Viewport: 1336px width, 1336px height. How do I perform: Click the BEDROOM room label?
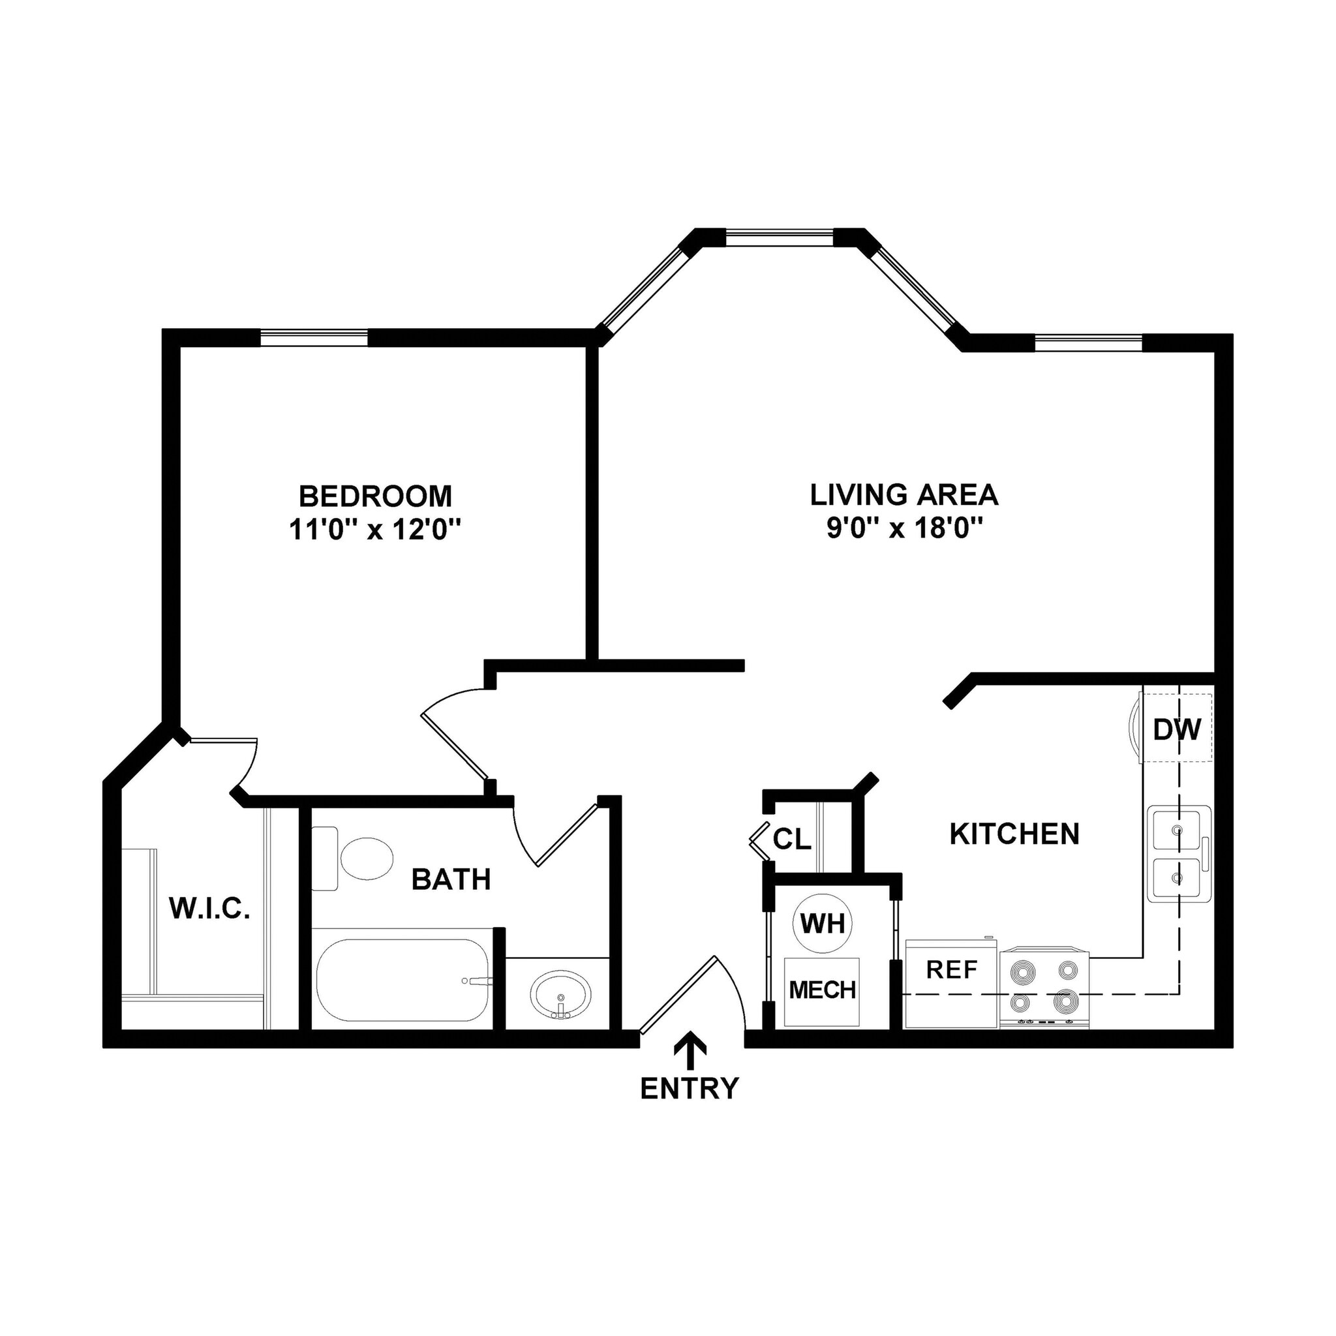(x=376, y=496)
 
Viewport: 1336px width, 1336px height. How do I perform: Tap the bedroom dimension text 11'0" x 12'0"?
(x=376, y=530)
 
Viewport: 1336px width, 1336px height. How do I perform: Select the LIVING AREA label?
(x=903, y=494)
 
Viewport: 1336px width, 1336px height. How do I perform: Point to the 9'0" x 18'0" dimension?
(x=903, y=529)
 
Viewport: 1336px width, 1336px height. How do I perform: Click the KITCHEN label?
(x=1014, y=834)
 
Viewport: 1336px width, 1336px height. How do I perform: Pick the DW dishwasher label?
(x=1177, y=729)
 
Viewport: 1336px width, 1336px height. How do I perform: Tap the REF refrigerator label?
(x=952, y=970)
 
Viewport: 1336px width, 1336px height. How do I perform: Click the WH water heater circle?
(x=822, y=923)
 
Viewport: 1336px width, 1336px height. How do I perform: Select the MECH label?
(x=822, y=990)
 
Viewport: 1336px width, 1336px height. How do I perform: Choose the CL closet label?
(x=792, y=840)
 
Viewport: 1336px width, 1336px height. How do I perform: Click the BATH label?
(x=451, y=879)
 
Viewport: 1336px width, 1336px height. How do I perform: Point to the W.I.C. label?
(x=209, y=909)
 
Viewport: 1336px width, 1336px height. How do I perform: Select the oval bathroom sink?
(x=561, y=994)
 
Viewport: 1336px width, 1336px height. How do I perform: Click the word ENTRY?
(x=690, y=1089)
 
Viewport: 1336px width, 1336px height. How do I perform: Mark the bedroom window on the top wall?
(x=314, y=337)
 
